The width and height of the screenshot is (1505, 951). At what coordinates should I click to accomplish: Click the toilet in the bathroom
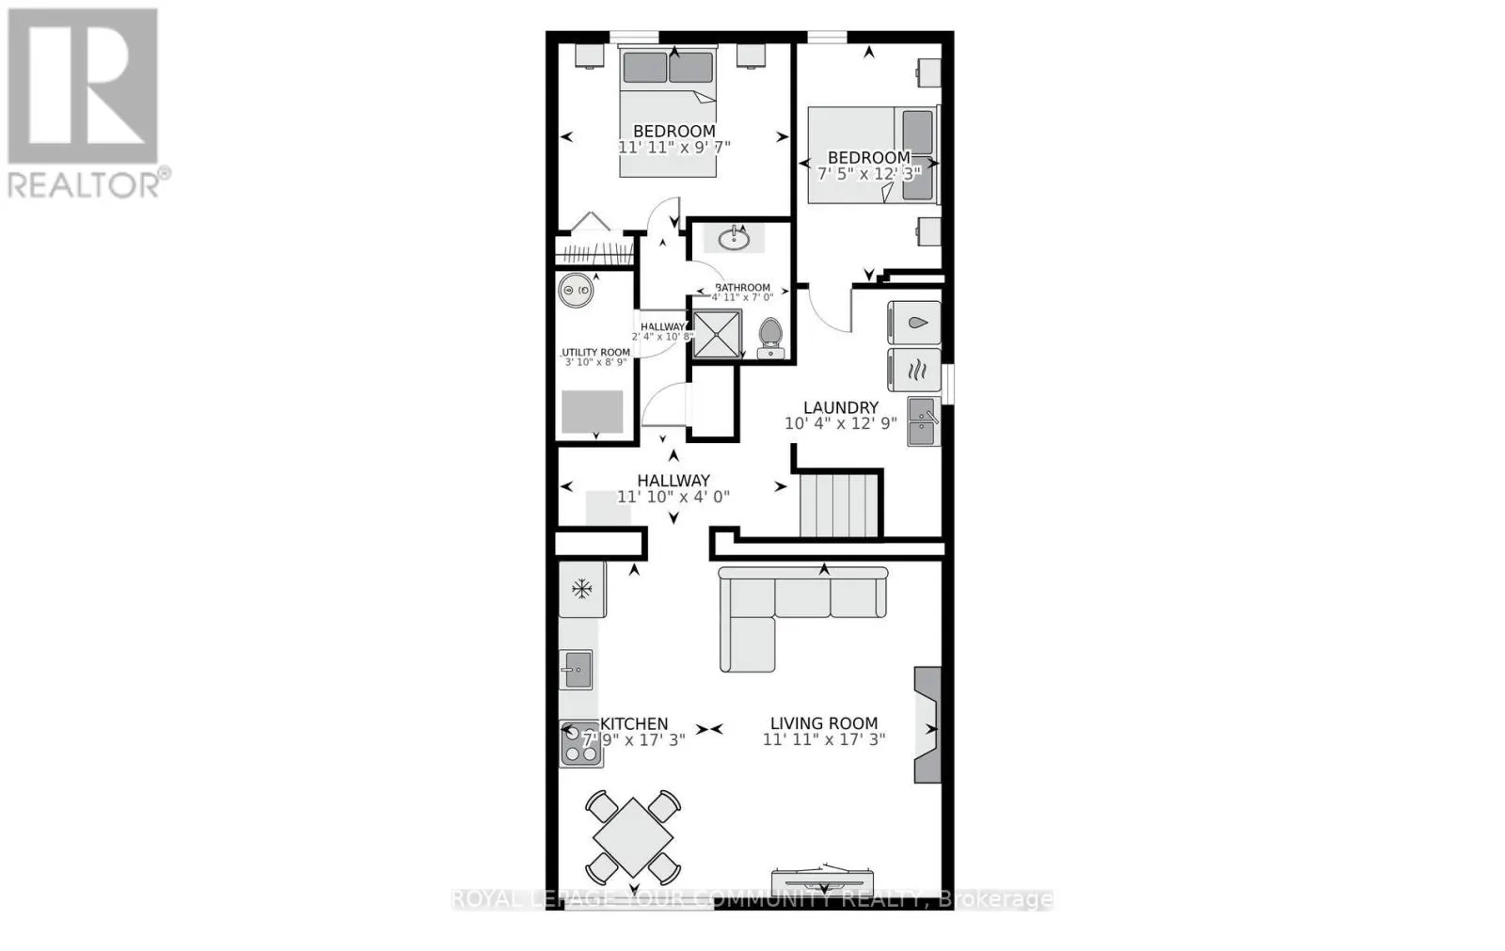pyautogui.click(x=770, y=338)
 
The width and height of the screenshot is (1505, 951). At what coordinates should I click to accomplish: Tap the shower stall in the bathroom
pyautogui.click(x=718, y=334)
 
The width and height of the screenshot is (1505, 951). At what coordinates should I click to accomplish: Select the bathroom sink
pyautogui.click(x=733, y=240)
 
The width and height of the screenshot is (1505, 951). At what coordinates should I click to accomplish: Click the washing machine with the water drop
pyautogui.click(x=914, y=323)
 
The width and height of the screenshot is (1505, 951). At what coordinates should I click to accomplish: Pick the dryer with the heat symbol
pyautogui.click(x=914, y=370)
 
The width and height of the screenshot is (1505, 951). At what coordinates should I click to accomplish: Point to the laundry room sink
pyautogui.click(x=922, y=420)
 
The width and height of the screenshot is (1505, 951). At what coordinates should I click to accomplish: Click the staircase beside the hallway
pyautogui.click(x=840, y=504)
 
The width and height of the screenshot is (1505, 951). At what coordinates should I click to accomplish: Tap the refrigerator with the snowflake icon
pyautogui.click(x=582, y=590)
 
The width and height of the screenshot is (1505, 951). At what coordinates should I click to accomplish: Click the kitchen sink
pyautogui.click(x=575, y=671)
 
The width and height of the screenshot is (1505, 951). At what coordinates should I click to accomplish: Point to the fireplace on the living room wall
pyautogui.click(x=927, y=725)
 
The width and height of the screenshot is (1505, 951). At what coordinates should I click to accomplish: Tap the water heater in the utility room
pyautogui.click(x=575, y=291)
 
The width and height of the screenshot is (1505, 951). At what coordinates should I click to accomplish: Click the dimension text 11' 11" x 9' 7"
pyautogui.click(x=673, y=148)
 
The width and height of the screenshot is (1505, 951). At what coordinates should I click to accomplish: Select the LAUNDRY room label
pyautogui.click(x=841, y=407)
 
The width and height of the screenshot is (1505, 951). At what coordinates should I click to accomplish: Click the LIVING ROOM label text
pyautogui.click(x=824, y=723)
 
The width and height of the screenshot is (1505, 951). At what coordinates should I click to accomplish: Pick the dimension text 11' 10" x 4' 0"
pyautogui.click(x=673, y=497)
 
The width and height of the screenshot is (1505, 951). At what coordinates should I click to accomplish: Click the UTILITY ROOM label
pyautogui.click(x=596, y=353)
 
